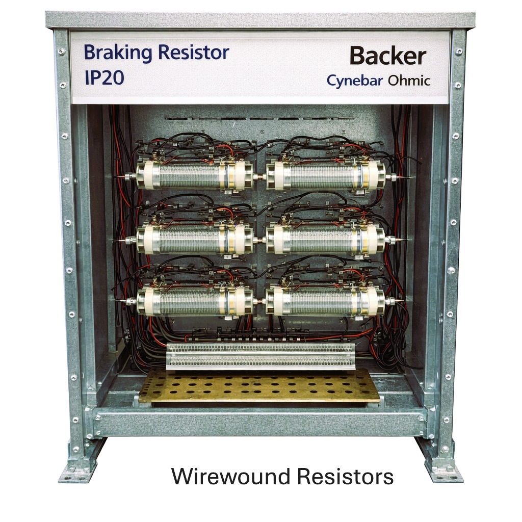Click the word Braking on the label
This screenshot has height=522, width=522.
click(118, 53)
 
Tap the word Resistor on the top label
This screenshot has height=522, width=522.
click(193, 53)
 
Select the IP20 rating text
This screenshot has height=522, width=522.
click(104, 77)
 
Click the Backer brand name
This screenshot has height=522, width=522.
click(388, 56)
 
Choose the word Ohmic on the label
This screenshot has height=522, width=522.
click(409, 80)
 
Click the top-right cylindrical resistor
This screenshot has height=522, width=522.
click(328, 175)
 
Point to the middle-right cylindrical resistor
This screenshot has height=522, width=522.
click(328, 239)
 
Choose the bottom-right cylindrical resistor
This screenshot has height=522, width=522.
click(328, 301)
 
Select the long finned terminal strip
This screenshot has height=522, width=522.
click(260, 356)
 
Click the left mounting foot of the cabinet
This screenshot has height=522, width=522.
click(78, 464)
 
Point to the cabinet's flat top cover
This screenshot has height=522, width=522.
click(260, 20)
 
